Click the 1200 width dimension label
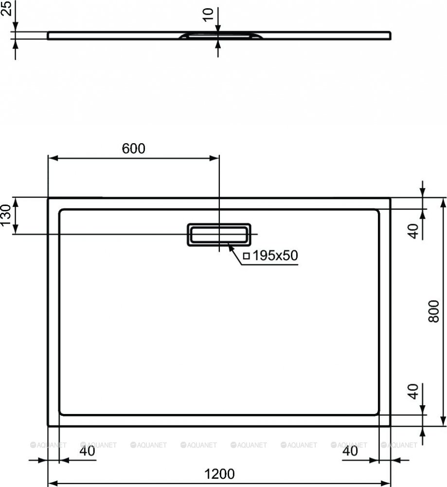(x=219, y=474)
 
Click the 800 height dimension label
(x=434, y=311)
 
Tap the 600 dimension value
(x=133, y=149)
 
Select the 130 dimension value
(x=6, y=215)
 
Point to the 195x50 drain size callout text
(x=275, y=255)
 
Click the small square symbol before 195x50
(x=247, y=256)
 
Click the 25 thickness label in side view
(x=6, y=8)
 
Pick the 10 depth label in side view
(x=208, y=15)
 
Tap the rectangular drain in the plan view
(x=219, y=235)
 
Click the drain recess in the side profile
(x=220, y=36)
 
